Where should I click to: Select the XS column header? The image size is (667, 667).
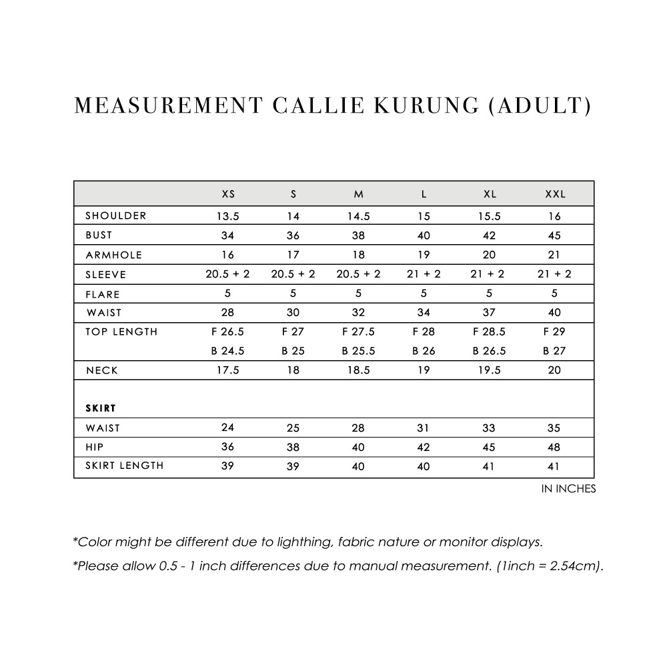coord(228,194)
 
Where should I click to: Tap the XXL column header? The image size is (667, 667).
coord(555,194)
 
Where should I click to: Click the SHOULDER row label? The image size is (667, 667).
coord(116,215)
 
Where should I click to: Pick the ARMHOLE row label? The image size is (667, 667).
coord(114,255)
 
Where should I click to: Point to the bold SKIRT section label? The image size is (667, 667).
coord(101,408)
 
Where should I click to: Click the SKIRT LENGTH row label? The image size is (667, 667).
coord(125,466)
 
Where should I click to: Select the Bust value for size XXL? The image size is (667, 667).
coord(555,235)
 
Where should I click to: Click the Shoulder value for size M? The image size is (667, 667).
coord(359,216)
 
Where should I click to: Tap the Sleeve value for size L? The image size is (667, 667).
coord(424,274)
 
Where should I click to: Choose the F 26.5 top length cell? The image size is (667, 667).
coord(228,331)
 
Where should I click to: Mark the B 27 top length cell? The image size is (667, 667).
coord(555,351)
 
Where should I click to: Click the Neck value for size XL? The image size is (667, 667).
coord(490,370)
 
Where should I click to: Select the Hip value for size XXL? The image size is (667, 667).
coord(555,447)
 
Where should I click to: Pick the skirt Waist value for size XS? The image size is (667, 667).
coord(228,428)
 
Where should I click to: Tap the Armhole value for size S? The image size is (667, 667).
coord(293,255)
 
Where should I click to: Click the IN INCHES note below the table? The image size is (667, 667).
coord(568,489)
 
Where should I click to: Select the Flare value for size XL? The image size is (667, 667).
coord(490,293)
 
